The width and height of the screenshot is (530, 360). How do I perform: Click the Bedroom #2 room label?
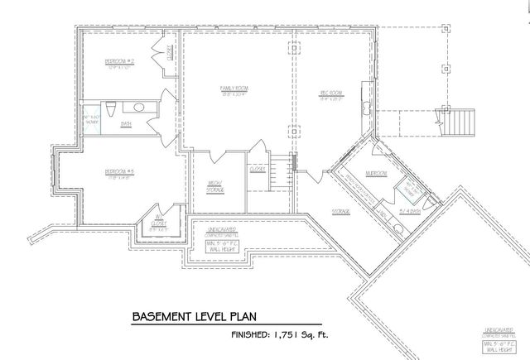click(x=119, y=62)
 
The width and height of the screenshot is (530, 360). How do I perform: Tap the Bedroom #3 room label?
click(x=119, y=172)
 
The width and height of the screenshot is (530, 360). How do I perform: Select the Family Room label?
click(x=234, y=88)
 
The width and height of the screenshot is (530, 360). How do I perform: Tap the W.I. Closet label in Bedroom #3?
click(x=160, y=221)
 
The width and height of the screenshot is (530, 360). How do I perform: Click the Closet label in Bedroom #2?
click(x=169, y=54)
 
